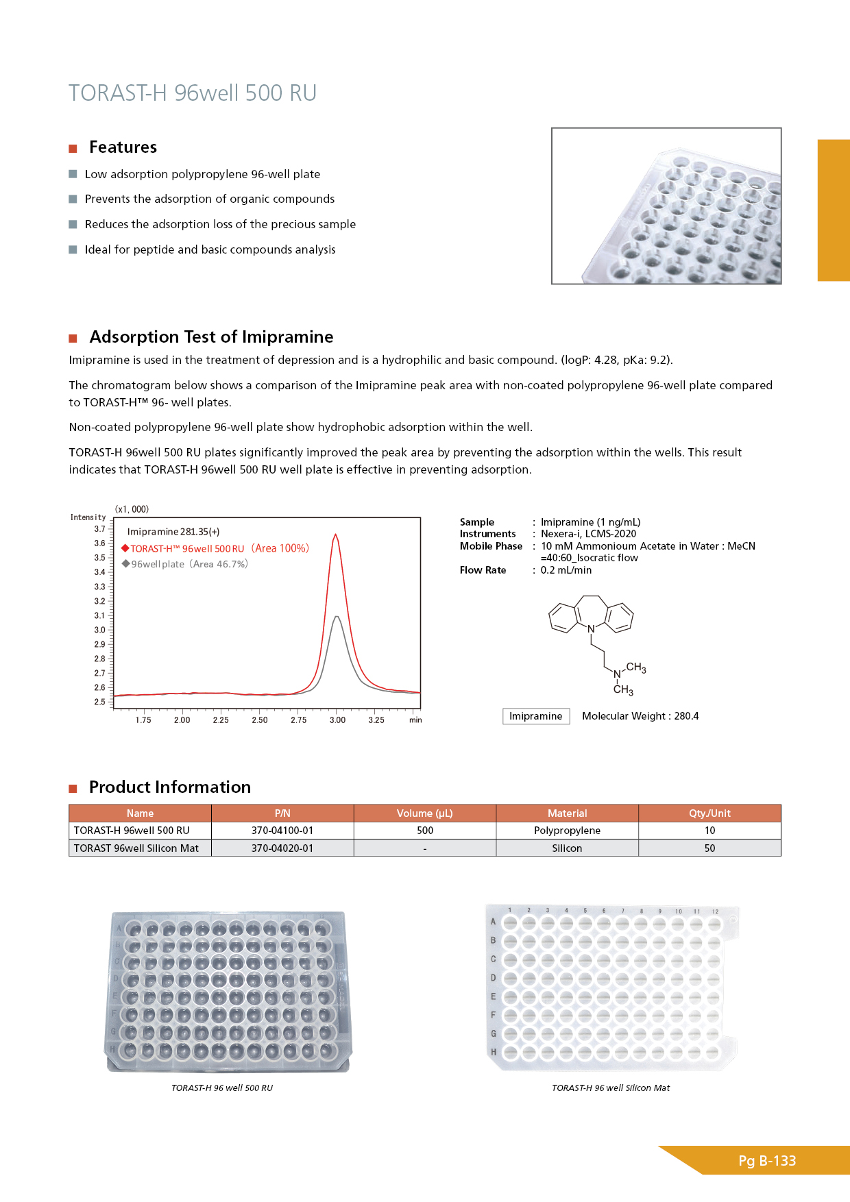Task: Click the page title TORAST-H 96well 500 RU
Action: pos(193,93)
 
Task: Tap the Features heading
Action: pos(123,147)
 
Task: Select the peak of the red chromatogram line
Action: pos(335,535)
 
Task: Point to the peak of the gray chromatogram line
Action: pos(336,617)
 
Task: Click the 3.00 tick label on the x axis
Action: pos(337,720)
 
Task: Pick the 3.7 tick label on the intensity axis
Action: pos(100,529)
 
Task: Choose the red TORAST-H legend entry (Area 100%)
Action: pos(215,548)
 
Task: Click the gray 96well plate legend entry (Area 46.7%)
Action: pos(185,564)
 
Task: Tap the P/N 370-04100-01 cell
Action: pos(282,831)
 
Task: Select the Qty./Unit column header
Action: pos(709,813)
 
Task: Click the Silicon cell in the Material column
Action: pos(567,848)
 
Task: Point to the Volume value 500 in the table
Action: pos(425,831)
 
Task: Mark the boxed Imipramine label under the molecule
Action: pos(535,716)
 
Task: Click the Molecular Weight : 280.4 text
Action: pos(640,716)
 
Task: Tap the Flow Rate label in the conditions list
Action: pos(483,570)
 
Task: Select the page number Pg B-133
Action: pos(767,1161)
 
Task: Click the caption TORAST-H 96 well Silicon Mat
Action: pos(611,1088)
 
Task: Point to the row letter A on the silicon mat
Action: pos(493,922)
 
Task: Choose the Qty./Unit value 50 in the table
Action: pos(709,848)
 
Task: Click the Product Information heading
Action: pos(170,787)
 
